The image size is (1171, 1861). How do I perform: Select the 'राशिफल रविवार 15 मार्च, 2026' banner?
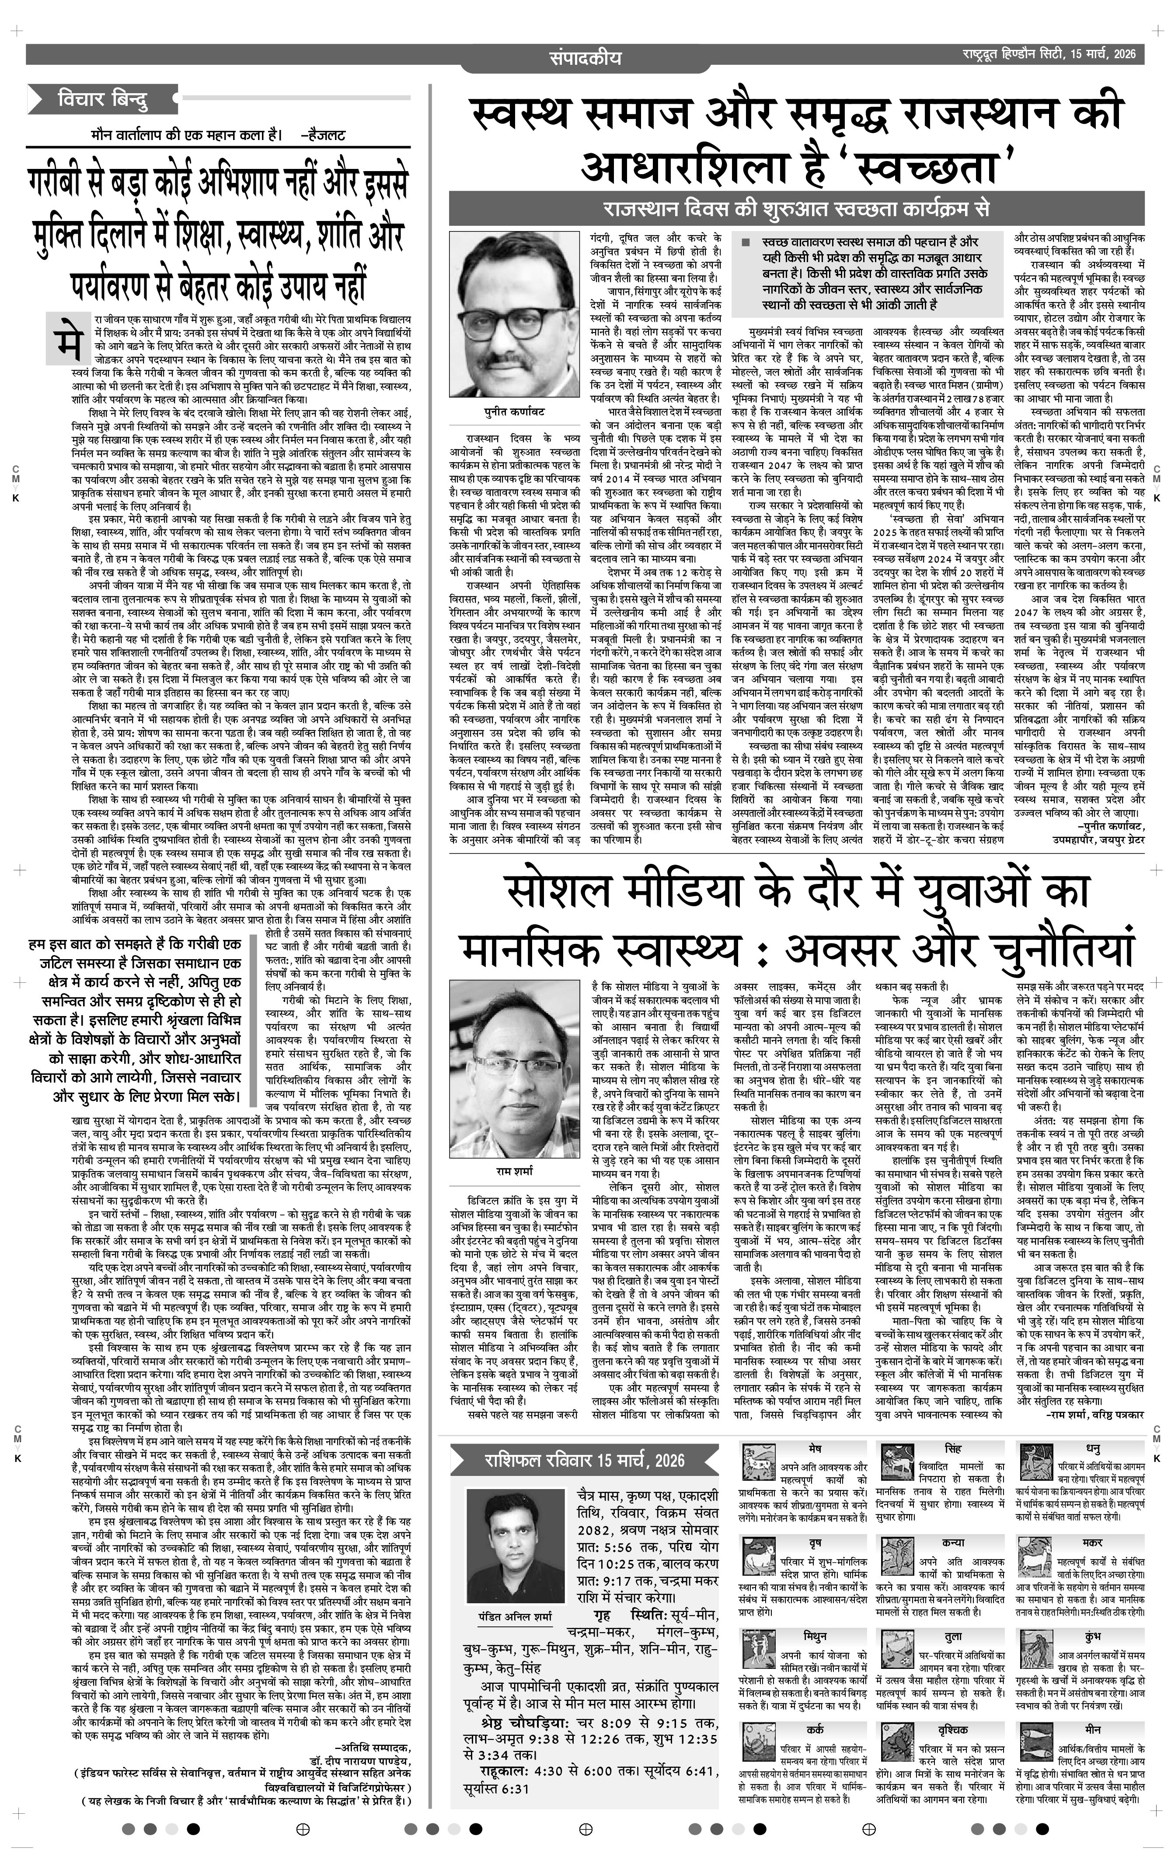(x=583, y=1460)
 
